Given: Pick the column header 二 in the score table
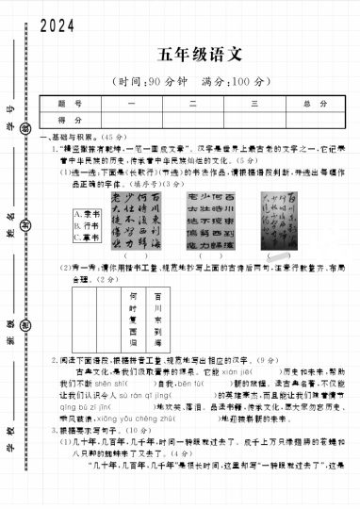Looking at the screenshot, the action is click(192, 104).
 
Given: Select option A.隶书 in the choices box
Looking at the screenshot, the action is click(88, 214).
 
